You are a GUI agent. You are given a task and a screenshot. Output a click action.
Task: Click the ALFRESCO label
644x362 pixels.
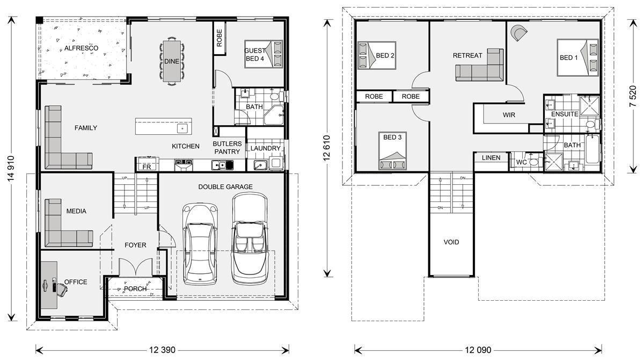point(81,48)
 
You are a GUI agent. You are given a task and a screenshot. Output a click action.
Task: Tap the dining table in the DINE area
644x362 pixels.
point(172,60)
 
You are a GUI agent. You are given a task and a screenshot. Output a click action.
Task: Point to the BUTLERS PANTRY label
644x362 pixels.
point(227,148)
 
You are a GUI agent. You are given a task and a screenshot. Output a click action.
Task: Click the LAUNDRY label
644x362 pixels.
point(265,148)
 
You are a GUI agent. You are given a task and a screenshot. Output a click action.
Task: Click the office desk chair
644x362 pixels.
point(62,290)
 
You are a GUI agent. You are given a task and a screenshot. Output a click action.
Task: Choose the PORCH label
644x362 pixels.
point(135,288)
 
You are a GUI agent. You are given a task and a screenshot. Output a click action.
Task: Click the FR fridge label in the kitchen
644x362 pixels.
point(146,167)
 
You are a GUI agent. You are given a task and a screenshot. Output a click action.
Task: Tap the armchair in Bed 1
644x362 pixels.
point(519,33)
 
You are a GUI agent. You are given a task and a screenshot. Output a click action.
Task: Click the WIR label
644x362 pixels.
point(509,115)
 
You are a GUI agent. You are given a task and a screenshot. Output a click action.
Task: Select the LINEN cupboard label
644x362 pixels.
point(491,158)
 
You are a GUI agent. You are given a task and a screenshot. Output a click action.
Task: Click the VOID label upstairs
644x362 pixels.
point(451,242)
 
